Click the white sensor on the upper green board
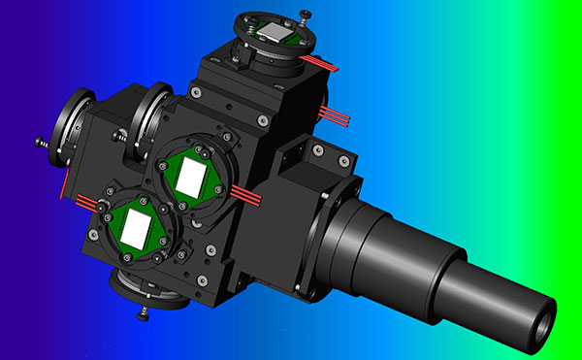coord(190,177)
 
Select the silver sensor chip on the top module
coord(277,35)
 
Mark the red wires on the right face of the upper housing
coord(336,117)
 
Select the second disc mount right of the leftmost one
coord(149,111)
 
